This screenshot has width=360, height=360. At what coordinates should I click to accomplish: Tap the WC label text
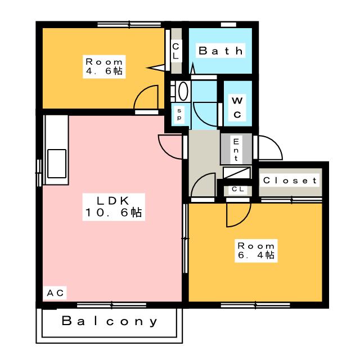[x=237, y=107]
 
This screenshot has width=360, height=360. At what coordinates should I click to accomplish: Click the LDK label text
[x=114, y=200]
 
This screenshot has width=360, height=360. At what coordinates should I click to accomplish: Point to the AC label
[x=56, y=292]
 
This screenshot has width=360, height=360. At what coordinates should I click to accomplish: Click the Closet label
[x=290, y=181]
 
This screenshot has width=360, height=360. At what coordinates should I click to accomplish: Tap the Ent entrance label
[x=236, y=149]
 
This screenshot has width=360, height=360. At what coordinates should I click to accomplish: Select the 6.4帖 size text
[x=256, y=256]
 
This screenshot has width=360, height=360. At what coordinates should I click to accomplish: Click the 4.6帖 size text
[x=104, y=71]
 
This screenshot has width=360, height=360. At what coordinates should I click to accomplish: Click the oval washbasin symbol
[x=182, y=91]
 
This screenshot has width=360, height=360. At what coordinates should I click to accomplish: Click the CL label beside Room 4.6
[x=175, y=51]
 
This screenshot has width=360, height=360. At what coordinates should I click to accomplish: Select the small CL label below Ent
[x=238, y=190]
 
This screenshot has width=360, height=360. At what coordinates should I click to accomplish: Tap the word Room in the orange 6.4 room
[x=256, y=246]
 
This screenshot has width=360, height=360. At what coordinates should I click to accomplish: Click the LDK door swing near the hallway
[x=170, y=148]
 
